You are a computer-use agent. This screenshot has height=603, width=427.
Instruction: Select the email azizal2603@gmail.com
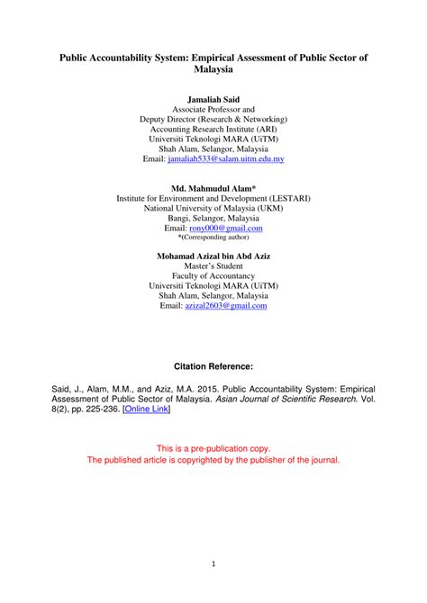click(x=225, y=306)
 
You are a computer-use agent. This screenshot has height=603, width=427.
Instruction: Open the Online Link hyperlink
click(x=145, y=409)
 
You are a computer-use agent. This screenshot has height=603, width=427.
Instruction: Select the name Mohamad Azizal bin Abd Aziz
click(x=213, y=256)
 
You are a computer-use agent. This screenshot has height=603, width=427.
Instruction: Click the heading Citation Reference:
click(x=213, y=367)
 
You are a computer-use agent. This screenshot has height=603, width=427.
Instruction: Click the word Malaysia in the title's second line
click(x=213, y=68)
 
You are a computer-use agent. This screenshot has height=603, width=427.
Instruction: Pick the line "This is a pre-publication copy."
click(x=213, y=447)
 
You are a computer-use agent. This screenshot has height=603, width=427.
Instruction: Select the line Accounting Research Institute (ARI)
click(x=213, y=129)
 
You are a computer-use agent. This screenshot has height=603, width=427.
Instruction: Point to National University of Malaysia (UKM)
click(x=213, y=206)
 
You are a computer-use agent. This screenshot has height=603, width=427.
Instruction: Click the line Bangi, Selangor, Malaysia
click(x=213, y=217)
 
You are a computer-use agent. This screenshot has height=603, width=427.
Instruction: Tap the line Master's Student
click(x=213, y=266)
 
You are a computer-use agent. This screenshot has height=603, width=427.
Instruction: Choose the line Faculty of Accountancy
click(x=213, y=277)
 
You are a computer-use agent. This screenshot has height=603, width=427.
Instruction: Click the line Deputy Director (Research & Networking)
click(x=213, y=118)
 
